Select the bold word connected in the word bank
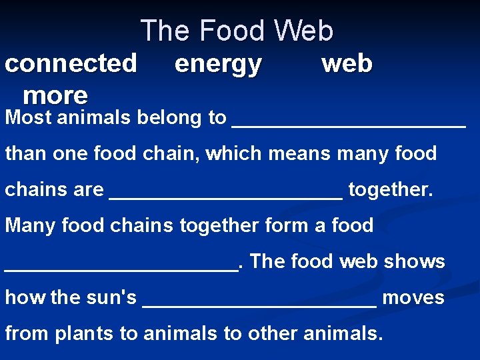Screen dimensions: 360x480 [71, 63]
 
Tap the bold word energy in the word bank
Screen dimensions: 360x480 [218, 64]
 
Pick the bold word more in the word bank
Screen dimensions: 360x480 [55, 95]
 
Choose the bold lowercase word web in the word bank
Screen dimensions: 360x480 [347, 63]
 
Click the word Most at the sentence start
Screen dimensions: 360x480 [29, 118]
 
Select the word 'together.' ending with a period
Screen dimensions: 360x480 [391, 190]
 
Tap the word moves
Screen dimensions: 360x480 [413, 297]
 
